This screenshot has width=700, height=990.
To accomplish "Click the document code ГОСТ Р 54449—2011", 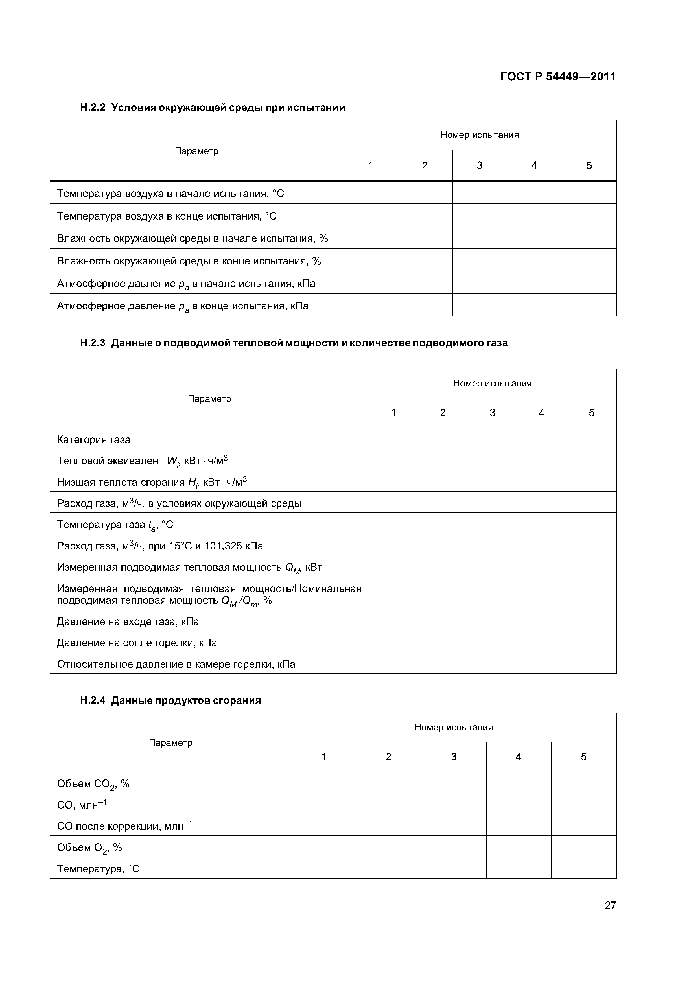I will pos(558,77).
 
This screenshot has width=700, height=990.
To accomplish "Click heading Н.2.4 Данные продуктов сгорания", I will pos(170,700).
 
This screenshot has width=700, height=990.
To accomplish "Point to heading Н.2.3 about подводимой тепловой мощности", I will pos(294,343).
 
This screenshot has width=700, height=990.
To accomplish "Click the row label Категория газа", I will pos(94,439).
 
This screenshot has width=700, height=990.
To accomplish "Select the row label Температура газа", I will pos(115,525).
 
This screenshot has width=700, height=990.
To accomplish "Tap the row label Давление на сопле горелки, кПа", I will pos(137,643).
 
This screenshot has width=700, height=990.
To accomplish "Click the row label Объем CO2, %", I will pos(93,784).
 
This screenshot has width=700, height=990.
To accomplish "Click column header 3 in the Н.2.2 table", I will pos(479,166).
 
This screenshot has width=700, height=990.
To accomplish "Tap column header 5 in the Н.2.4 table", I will pos(583,756).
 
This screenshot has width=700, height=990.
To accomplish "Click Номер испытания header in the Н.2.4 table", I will pos(453,728).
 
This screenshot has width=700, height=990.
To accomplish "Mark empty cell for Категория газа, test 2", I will pos(443,439).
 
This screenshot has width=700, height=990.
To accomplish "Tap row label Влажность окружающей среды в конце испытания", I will pos(189,261).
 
